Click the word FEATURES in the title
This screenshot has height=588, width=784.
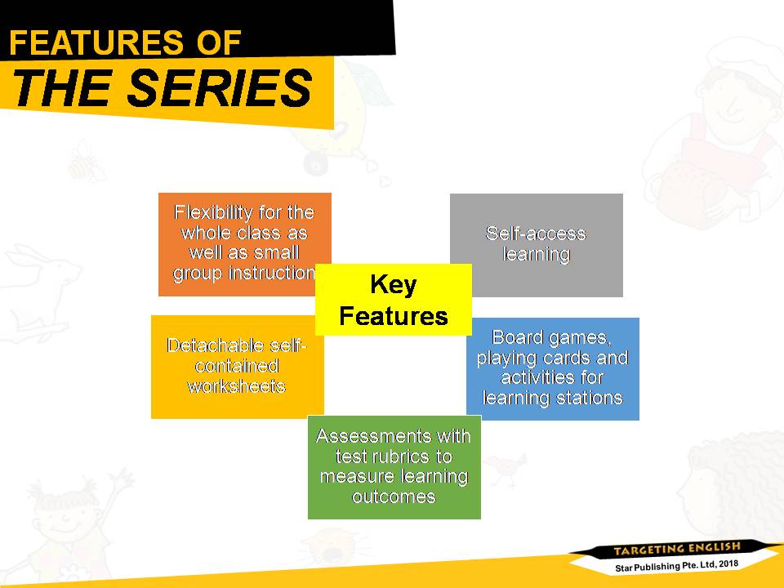(x=96, y=42)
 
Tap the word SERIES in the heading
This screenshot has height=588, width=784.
(x=220, y=88)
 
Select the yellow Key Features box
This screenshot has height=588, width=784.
(x=394, y=300)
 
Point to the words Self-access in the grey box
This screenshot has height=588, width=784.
(x=536, y=234)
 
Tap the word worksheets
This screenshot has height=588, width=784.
(x=237, y=386)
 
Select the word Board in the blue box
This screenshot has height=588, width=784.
(x=517, y=337)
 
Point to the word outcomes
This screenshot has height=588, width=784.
(x=394, y=497)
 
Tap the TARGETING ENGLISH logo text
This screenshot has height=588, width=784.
(x=677, y=549)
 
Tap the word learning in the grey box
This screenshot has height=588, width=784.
(x=537, y=254)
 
